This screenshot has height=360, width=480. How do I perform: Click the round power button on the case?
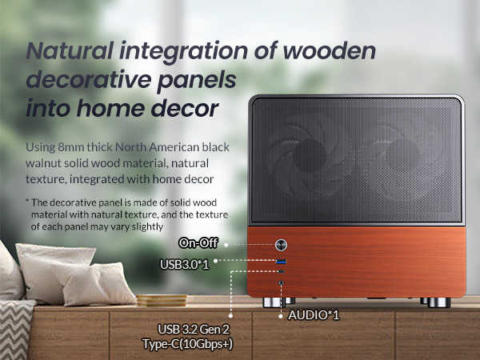pyautogui.click(x=281, y=245)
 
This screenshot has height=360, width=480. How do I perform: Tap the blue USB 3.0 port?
pyautogui.click(x=281, y=262)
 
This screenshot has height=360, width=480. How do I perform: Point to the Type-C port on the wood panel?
pyautogui.click(x=281, y=271)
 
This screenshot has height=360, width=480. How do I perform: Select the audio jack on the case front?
pyautogui.click(x=281, y=283)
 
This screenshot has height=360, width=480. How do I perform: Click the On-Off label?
pyautogui.click(x=198, y=243)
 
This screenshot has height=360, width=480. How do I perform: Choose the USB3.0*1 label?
pyautogui.click(x=185, y=264)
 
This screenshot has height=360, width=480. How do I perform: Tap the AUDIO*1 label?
pyautogui.click(x=314, y=315)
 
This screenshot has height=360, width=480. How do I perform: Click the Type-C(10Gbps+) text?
pyautogui.click(x=187, y=344)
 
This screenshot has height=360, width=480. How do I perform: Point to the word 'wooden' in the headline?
pyautogui.click(x=330, y=51)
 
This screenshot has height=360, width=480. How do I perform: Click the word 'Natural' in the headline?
pyautogui.click(x=70, y=51)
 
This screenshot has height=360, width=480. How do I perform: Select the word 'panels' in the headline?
pyautogui.click(x=197, y=81)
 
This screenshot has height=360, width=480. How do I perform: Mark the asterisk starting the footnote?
pyautogui.click(x=27, y=201)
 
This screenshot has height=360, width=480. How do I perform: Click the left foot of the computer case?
pyautogui.click(x=274, y=302)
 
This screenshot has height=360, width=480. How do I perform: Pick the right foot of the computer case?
pyautogui.click(x=438, y=302)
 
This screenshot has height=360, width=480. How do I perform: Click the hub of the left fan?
pyautogui.click(x=309, y=155)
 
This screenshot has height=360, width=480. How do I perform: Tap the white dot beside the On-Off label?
pyautogui.click(x=226, y=245)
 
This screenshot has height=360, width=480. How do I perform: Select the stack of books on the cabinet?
pyautogui.click(x=162, y=300)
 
